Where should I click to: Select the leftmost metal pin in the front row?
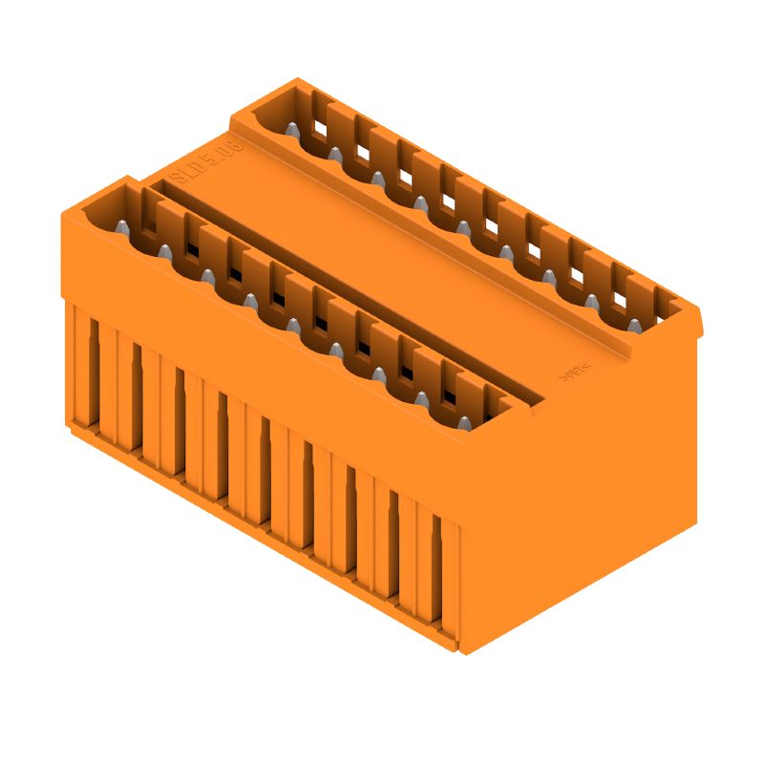(122, 227)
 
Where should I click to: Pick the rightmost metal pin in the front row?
(464, 423)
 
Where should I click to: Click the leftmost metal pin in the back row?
(292, 129)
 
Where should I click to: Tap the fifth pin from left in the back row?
(463, 227)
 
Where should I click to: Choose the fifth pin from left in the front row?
(293, 325)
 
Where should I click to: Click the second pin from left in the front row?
(164, 251)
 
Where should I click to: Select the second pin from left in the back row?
(335, 153)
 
